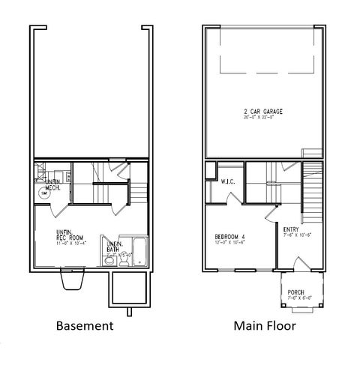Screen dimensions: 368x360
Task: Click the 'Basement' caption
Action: [x=85, y=326]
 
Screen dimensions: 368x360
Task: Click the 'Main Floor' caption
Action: [x=264, y=326]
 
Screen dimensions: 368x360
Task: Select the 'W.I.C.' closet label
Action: [x=229, y=181]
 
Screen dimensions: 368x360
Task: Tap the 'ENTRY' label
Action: [x=291, y=229]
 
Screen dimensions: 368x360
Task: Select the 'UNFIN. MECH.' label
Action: [x=52, y=185]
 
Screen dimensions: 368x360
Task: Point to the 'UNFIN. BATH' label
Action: [x=115, y=247]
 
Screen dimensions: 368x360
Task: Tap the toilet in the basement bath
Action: [x=110, y=262]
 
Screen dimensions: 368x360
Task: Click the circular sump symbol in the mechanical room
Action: [x=44, y=193]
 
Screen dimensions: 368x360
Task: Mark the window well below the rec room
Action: [x=72, y=280]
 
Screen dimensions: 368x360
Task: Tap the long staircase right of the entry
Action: [x=312, y=191]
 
